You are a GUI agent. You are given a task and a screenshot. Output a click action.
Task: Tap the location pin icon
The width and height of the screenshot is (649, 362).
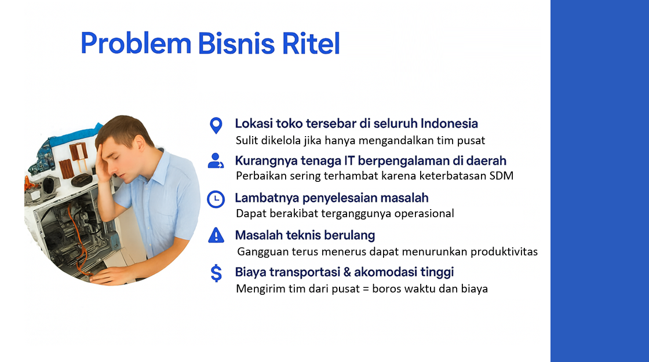[216, 125]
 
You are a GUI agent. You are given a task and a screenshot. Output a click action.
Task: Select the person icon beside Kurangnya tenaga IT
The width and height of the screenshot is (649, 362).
[216, 161]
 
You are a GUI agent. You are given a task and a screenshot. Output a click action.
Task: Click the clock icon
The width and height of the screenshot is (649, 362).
[216, 199]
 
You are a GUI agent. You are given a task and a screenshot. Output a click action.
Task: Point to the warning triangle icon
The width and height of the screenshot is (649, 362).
[216, 235]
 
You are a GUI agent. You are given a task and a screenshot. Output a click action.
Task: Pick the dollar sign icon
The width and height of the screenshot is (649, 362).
[216, 273]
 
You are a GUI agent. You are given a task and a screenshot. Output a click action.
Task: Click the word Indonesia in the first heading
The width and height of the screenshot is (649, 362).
[449, 123]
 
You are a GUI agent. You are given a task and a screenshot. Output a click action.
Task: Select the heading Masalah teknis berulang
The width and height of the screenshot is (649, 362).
[305, 235]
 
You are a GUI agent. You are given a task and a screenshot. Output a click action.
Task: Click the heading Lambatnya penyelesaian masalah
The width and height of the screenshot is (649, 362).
[331, 198]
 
